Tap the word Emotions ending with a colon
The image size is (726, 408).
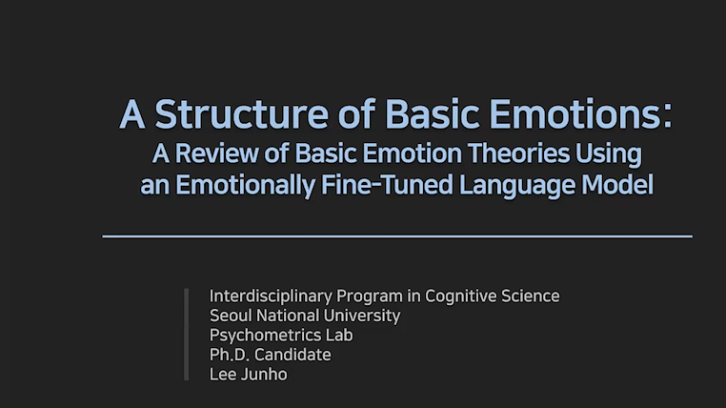593,115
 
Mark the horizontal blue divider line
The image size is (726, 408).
396,235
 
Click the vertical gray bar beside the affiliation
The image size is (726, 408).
187,335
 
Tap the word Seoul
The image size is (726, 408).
229,316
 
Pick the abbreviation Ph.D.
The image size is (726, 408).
229,355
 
